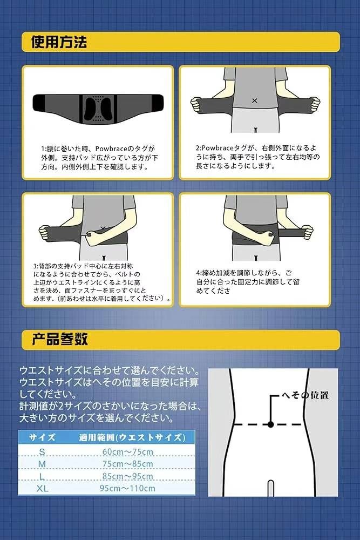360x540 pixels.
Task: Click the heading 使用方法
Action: pyautogui.click(x=59, y=42)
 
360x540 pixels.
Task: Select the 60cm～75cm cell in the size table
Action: pyautogui.click(x=128, y=452)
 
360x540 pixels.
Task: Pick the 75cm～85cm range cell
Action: pyautogui.click(x=128, y=464)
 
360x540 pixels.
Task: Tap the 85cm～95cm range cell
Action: pyautogui.click(x=128, y=476)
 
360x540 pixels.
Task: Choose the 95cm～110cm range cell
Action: pyautogui.click(x=128, y=489)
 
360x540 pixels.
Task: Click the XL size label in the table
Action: pyautogui.click(x=42, y=489)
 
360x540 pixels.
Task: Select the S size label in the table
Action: pyautogui.click(x=42, y=452)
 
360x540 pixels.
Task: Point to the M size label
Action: pyautogui.click(x=42, y=464)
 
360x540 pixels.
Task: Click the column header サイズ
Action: pyautogui.click(x=42, y=437)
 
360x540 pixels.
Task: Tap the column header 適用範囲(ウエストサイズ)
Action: pyautogui.click(x=130, y=437)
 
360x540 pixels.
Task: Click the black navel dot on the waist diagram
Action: pyautogui.click(x=270, y=425)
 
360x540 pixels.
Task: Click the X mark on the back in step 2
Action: pyautogui.click(x=254, y=100)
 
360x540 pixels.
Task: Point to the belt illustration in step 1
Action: pyautogui.click(x=97, y=107)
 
